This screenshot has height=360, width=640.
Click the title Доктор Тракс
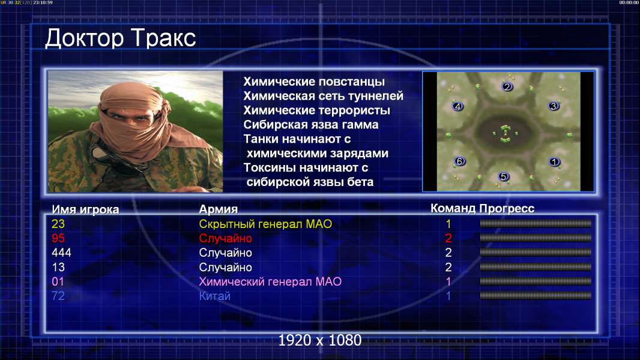121,39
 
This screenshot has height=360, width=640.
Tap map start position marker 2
507,86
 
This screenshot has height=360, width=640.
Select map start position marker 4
457,106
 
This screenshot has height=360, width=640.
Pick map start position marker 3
554,106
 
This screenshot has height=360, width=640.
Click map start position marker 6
460,161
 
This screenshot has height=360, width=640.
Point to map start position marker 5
503,176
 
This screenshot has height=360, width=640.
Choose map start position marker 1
554,162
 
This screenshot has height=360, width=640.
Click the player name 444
61,253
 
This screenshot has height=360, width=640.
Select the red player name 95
58,238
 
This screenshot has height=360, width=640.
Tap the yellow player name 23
58,224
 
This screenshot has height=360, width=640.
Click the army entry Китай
215,296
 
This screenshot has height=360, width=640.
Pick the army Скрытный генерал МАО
265,224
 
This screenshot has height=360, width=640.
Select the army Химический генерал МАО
270,281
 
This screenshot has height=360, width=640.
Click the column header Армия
219,209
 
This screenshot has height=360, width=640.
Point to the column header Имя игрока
85,209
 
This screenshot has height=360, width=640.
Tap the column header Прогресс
507,209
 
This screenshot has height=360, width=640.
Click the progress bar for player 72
536,296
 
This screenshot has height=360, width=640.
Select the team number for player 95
448,238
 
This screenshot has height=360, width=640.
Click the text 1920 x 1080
320,340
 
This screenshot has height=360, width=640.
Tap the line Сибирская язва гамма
311,125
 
